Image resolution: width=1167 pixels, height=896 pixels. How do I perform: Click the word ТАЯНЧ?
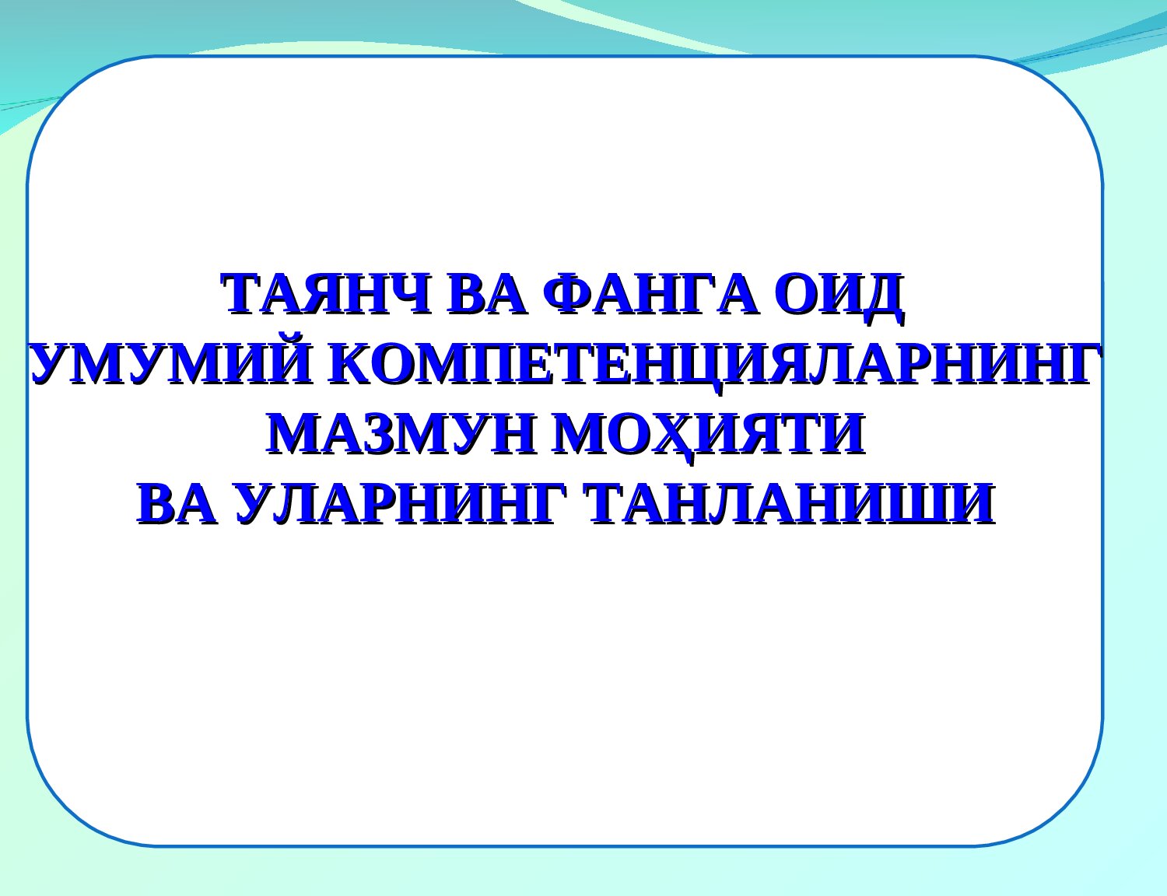coord(327,294)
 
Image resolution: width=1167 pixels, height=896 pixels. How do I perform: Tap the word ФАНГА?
coord(651,294)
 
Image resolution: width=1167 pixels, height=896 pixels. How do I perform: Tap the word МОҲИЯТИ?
coord(710,437)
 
